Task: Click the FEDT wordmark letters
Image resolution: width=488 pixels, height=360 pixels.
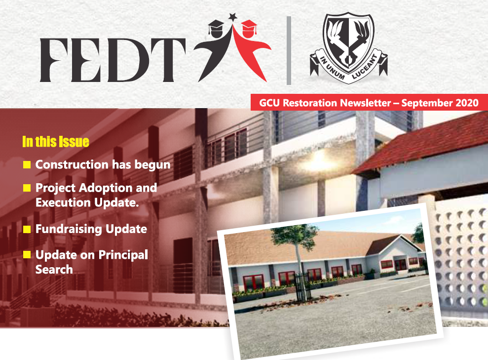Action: [x=113, y=60]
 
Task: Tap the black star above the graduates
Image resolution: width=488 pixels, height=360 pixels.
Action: [x=233, y=16]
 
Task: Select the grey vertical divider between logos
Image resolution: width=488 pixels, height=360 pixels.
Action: [x=289, y=50]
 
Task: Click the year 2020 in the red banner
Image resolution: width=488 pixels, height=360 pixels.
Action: [x=467, y=103]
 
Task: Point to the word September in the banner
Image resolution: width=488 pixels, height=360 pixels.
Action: [x=427, y=103]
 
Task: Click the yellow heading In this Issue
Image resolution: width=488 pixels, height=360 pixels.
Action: [x=56, y=142]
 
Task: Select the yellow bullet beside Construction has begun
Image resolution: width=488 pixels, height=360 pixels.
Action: [x=27, y=164]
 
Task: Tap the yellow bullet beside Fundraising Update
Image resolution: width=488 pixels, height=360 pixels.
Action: [x=27, y=229]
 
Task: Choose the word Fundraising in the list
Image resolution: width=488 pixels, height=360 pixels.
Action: [x=69, y=230]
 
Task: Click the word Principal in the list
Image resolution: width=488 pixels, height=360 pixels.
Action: [x=123, y=255]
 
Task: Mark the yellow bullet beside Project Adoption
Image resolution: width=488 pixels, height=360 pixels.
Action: [x=27, y=188]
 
